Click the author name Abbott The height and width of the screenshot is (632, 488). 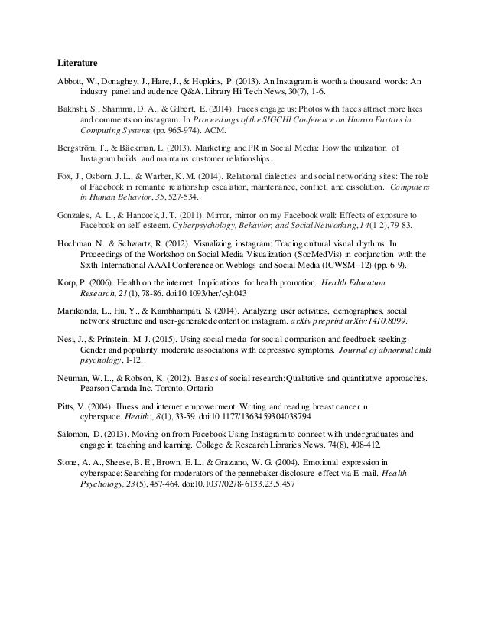point(73,80)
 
